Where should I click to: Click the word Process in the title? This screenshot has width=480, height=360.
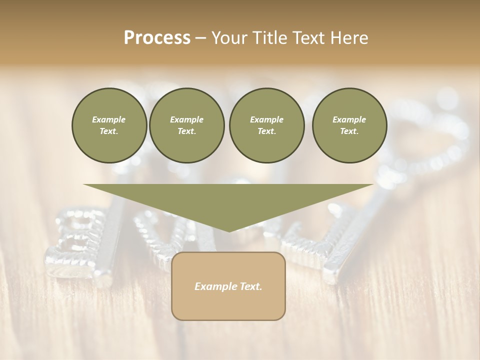click(x=157, y=38)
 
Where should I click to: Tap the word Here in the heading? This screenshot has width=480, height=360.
click(x=350, y=38)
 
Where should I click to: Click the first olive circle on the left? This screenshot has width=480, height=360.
click(x=109, y=125)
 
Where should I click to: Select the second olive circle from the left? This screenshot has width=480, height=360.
click(x=186, y=125)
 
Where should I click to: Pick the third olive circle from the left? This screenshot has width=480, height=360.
click(x=266, y=125)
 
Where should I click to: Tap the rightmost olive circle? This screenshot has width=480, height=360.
click(x=349, y=125)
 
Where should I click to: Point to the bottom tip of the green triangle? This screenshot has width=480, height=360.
click(x=229, y=231)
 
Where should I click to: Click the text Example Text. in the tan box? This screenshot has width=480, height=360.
click(x=228, y=286)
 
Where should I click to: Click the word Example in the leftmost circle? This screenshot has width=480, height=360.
click(x=109, y=119)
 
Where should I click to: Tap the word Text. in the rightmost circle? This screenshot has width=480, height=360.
click(x=349, y=131)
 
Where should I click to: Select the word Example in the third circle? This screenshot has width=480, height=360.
click(x=266, y=119)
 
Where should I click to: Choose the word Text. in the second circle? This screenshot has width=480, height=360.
click(x=186, y=131)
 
